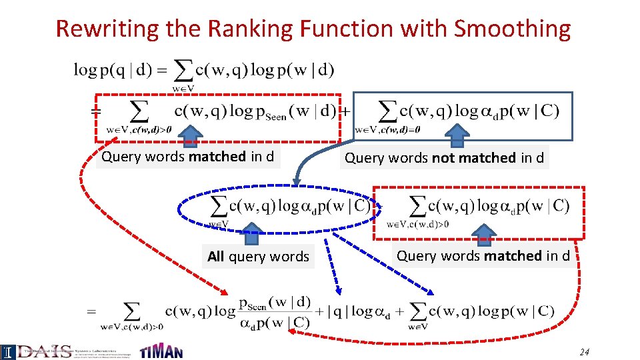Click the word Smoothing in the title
coord(512,29)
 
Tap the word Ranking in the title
coord(253,29)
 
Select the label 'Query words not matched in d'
coord(444,158)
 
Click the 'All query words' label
coord(258,257)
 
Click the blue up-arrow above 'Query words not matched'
coord(457,135)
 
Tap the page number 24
coord(585,352)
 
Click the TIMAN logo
coord(161,351)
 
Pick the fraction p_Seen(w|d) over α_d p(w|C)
coord(274,312)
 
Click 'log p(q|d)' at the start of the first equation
coord(112,69)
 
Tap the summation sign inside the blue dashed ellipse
coord(219,205)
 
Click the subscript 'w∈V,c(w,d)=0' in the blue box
coord(388,129)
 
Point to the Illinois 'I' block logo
coord(7,351)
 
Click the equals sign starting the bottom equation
coord(91,311)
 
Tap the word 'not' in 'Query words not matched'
coord(444,158)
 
